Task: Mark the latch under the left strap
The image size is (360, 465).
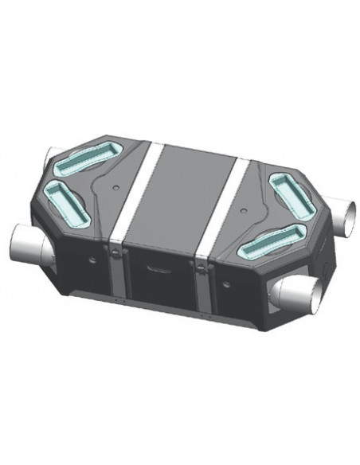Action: click(x=118, y=252)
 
